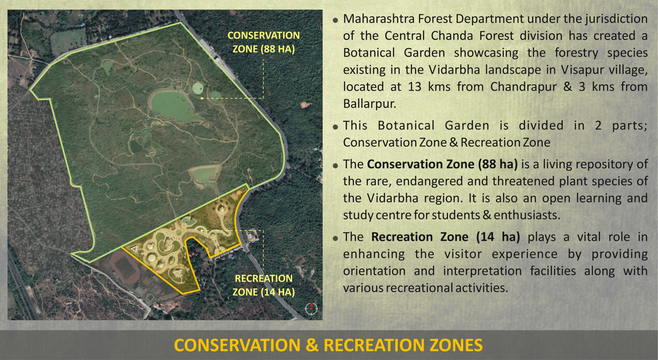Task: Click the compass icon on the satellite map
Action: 311,308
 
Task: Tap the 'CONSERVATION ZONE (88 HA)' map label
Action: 264,42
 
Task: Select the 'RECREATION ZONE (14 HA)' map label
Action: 264,285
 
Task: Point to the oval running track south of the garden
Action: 124,266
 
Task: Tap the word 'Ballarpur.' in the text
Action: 369,104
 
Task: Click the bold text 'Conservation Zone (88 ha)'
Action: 442,164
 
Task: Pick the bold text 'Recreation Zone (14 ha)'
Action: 445,237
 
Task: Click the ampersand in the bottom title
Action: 312,345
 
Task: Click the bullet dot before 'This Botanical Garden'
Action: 335,127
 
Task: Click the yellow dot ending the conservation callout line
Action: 202,98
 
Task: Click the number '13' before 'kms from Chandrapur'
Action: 414,87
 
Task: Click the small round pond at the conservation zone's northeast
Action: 198,88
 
